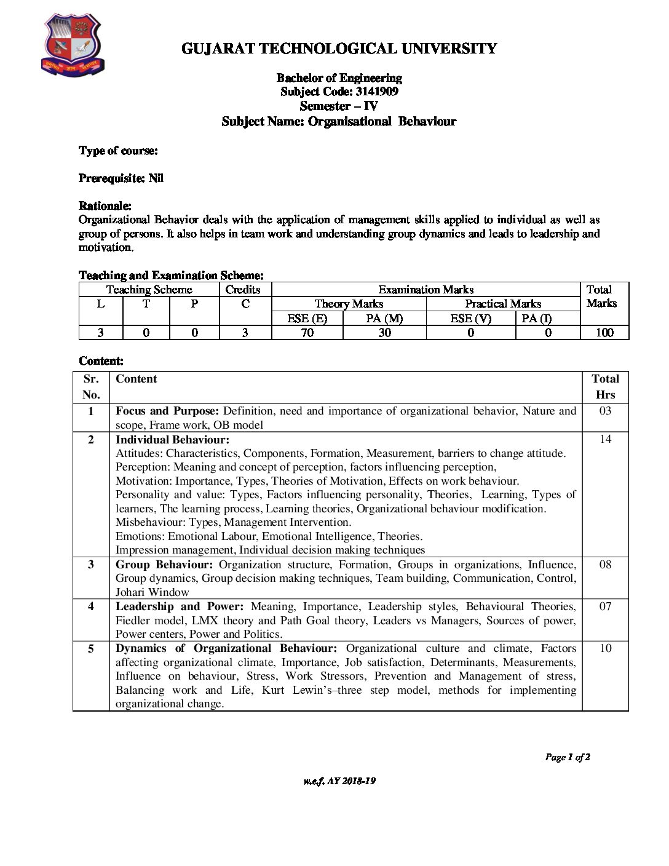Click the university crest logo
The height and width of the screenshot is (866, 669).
tap(72, 46)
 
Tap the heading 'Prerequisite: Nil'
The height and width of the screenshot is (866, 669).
tap(121, 178)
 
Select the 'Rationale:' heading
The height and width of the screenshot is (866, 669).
tap(105, 205)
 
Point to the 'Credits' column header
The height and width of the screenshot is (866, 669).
tap(243, 290)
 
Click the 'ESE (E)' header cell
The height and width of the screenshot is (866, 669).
tap(307, 318)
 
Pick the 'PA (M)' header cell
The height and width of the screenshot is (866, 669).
tap(384, 318)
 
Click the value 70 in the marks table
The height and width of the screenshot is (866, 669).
tap(307, 333)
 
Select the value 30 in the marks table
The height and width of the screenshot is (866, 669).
tap(384, 333)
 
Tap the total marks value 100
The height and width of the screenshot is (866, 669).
tap(604, 333)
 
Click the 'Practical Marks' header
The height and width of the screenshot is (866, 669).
tap(502, 304)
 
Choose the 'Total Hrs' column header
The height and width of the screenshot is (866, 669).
tap(605, 387)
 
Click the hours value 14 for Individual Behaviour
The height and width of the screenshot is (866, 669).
tap(605, 439)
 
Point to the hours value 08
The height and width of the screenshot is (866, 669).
tap(605, 565)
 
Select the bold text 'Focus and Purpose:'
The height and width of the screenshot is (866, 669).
tap(167, 411)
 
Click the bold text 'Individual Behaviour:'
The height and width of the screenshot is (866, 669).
tap(172, 440)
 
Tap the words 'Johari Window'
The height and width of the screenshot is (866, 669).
tap(152, 592)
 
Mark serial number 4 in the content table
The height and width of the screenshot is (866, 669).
tap(91, 606)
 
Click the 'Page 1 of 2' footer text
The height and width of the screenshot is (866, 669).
tap(568, 757)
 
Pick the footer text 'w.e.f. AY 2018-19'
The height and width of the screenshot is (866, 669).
tap(339, 781)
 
